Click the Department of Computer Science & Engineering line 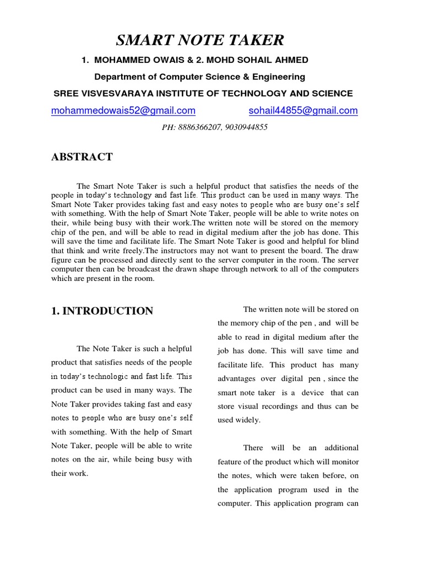(x=199, y=77)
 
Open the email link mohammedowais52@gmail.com (x=123, y=111)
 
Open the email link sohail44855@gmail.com (x=303, y=111)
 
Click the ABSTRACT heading (x=82, y=157)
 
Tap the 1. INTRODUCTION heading (x=102, y=311)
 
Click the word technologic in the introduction (x=104, y=377)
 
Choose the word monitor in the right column (x=345, y=462)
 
